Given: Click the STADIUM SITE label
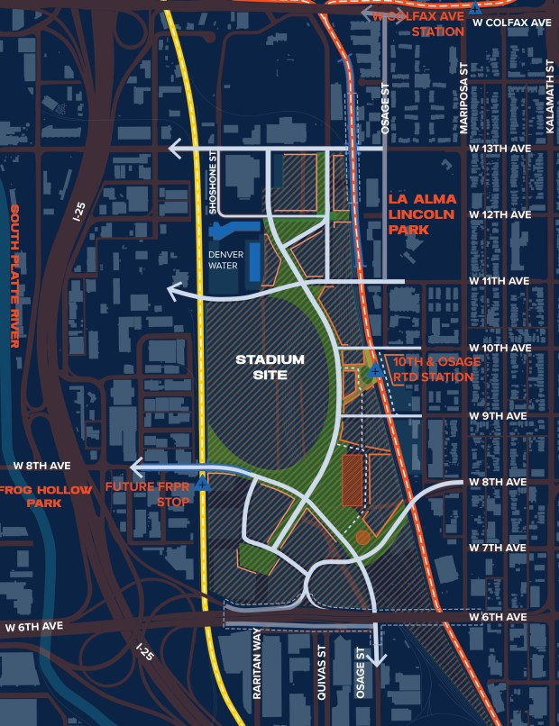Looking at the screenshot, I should tap(270, 366).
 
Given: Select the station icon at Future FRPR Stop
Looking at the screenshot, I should tap(203, 482).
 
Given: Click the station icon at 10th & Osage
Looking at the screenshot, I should tap(373, 370).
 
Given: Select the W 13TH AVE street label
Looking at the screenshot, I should tap(499, 148).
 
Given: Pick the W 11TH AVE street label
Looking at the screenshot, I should tap(499, 281).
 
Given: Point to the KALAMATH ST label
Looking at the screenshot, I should tap(549, 99).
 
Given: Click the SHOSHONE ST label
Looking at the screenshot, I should tap(214, 181).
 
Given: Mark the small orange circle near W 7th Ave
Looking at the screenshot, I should tap(362, 538).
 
